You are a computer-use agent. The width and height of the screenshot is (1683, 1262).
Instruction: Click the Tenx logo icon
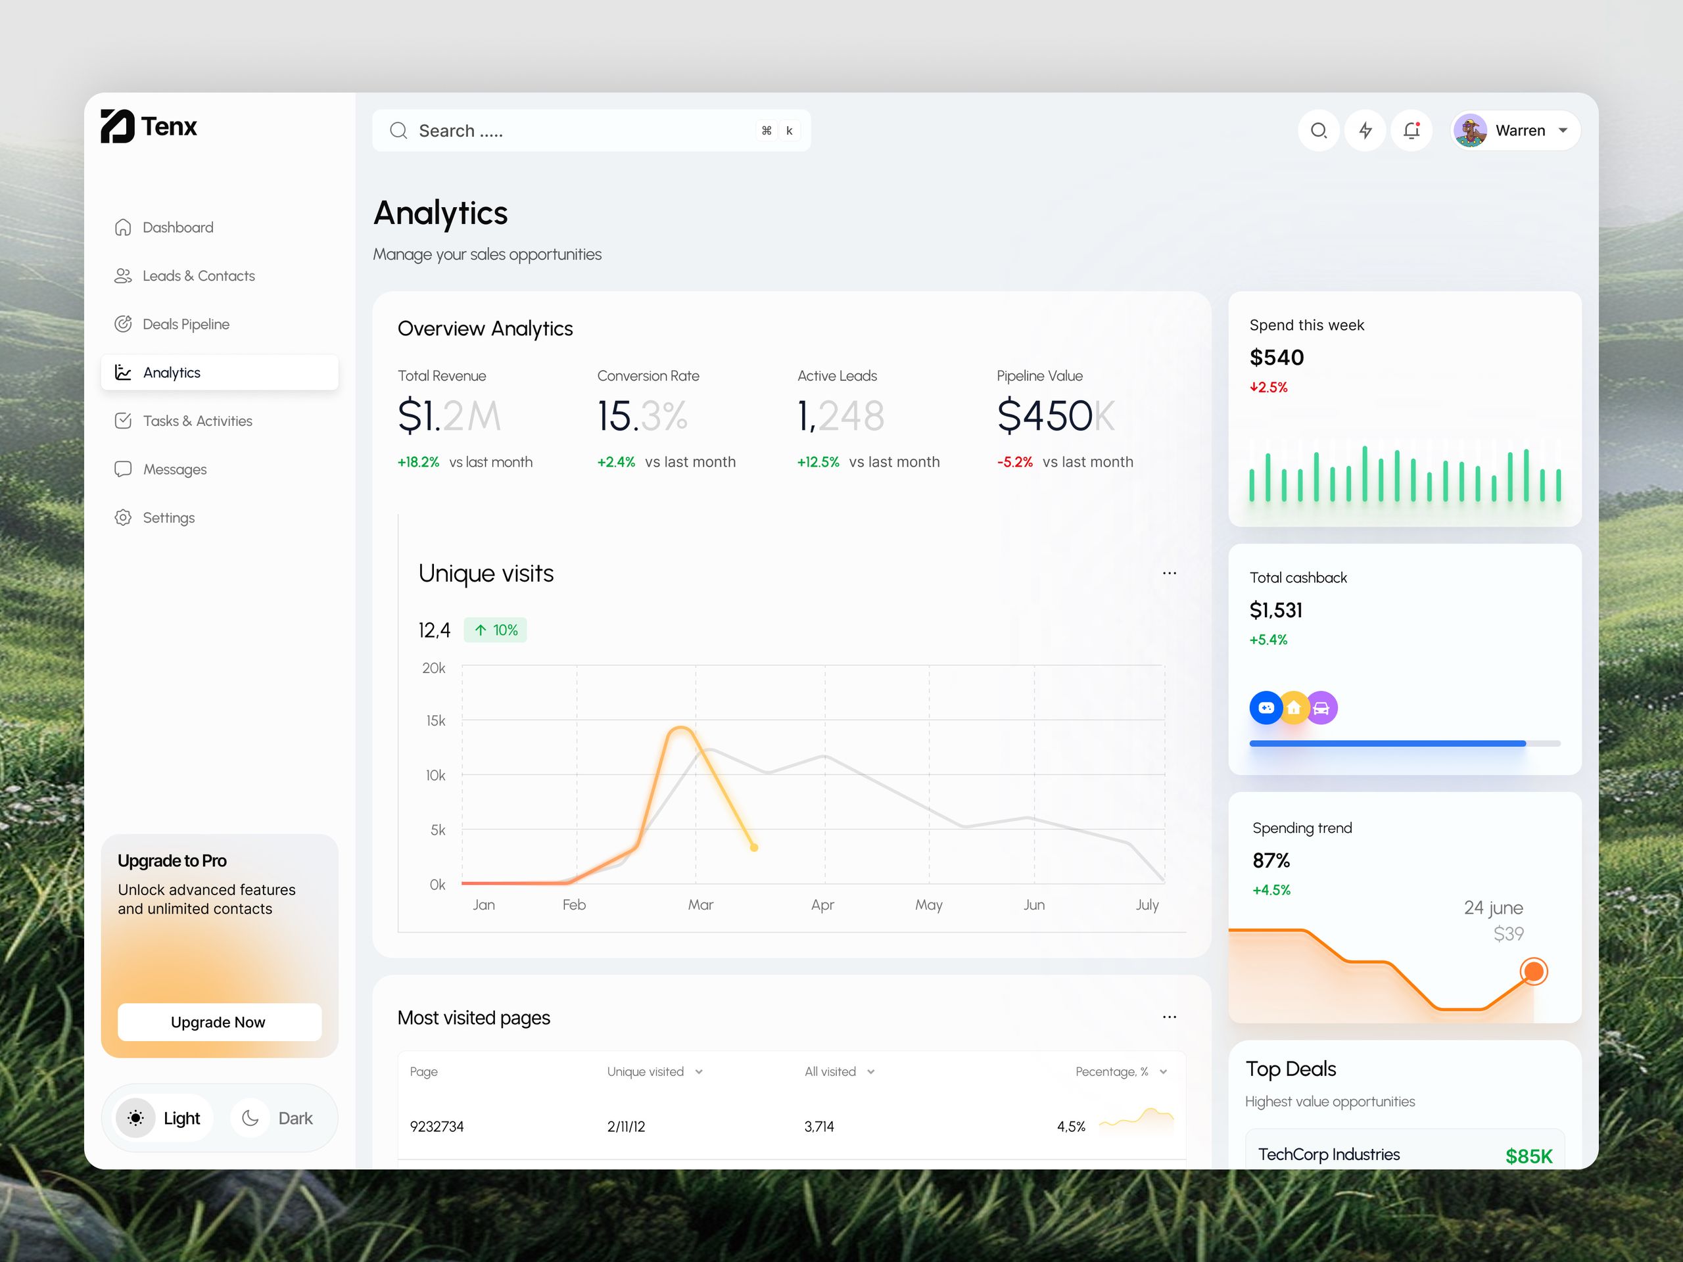(x=117, y=126)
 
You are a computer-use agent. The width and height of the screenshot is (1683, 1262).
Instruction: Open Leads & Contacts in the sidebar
(x=198, y=276)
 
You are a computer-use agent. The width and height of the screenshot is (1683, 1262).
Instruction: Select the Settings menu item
(x=168, y=518)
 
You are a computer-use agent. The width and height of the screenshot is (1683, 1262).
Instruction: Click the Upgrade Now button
(x=219, y=1022)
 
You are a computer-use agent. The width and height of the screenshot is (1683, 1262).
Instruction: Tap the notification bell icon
(x=1411, y=131)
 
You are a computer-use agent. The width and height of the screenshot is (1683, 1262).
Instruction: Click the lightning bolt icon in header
(x=1365, y=131)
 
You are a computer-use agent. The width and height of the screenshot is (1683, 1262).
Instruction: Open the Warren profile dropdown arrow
(x=1563, y=131)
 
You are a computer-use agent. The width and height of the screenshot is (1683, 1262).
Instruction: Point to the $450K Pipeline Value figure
(x=1055, y=416)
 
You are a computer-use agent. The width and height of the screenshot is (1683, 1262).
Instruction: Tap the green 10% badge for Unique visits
(x=495, y=630)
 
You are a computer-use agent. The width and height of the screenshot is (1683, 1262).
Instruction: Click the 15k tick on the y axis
(x=436, y=720)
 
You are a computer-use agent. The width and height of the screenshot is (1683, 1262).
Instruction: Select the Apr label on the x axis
(x=822, y=904)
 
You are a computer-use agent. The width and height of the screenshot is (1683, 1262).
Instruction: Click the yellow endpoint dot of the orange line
(x=754, y=847)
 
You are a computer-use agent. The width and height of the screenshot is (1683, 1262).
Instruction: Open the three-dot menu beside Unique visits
(x=1170, y=574)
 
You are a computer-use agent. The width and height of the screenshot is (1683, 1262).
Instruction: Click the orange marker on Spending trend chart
(x=1533, y=971)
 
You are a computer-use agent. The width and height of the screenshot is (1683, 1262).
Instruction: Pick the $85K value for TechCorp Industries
(x=1529, y=1156)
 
